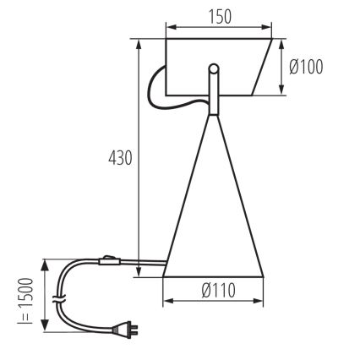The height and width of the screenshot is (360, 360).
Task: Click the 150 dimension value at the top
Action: tap(219, 16)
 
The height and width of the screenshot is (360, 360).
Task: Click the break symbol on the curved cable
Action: tap(57, 297)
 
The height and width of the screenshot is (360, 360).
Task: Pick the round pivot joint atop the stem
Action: tap(215, 68)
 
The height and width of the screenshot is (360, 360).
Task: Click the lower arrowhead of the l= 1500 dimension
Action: tap(41, 333)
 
